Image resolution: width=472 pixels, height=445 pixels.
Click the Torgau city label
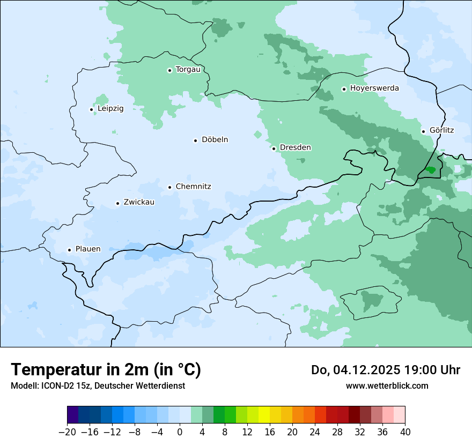tap(188, 70)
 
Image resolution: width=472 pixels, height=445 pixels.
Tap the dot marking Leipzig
tap(91, 109)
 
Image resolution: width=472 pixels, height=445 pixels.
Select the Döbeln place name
tap(215, 140)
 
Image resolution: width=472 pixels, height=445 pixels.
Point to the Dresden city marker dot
tap(274, 149)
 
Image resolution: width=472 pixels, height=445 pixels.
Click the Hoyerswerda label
tap(374, 88)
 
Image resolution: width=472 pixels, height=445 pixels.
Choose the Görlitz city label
tap(441, 130)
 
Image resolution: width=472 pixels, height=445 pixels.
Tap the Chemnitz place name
tap(193, 187)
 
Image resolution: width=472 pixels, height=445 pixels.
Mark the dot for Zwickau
tap(117, 203)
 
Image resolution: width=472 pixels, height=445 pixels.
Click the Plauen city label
tap(87, 249)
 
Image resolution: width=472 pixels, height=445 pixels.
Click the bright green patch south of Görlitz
tap(430, 170)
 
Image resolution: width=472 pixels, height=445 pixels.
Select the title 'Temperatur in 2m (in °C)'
tap(106, 370)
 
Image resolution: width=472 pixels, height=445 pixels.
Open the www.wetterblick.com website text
tap(387, 386)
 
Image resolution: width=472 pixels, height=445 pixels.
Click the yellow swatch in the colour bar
tap(264, 415)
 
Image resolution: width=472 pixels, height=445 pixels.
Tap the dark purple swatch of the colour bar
tap(73, 415)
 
